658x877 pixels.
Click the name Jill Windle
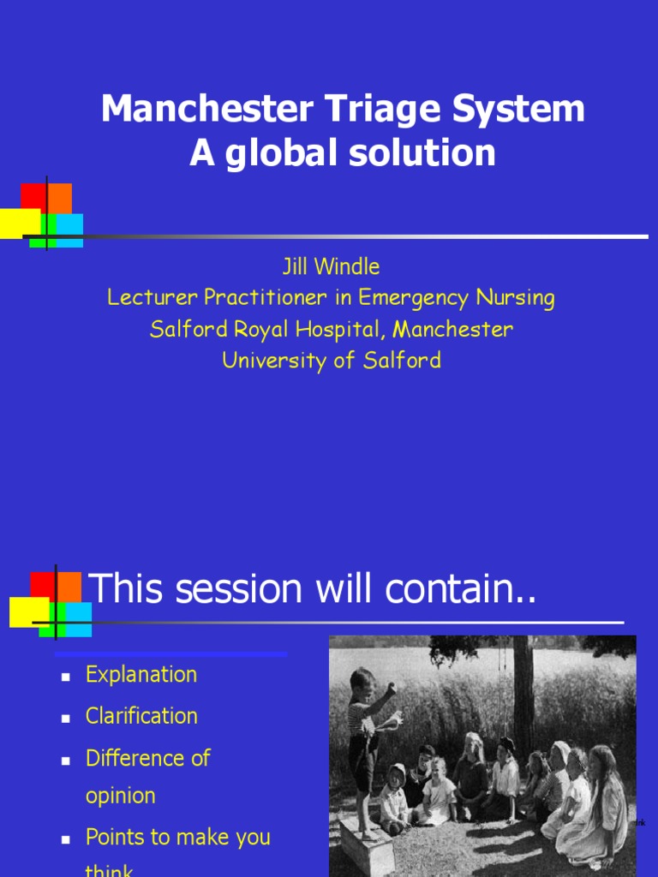click(331, 267)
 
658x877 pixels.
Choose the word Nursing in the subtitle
click(517, 298)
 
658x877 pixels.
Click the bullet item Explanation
click(141, 675)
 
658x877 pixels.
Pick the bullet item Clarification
click(141, 716)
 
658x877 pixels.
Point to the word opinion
click(121, 796)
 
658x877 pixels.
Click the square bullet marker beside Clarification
click(65, 718)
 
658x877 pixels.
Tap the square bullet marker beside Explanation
click(65, 677)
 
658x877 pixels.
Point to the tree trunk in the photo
click(522, 694)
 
